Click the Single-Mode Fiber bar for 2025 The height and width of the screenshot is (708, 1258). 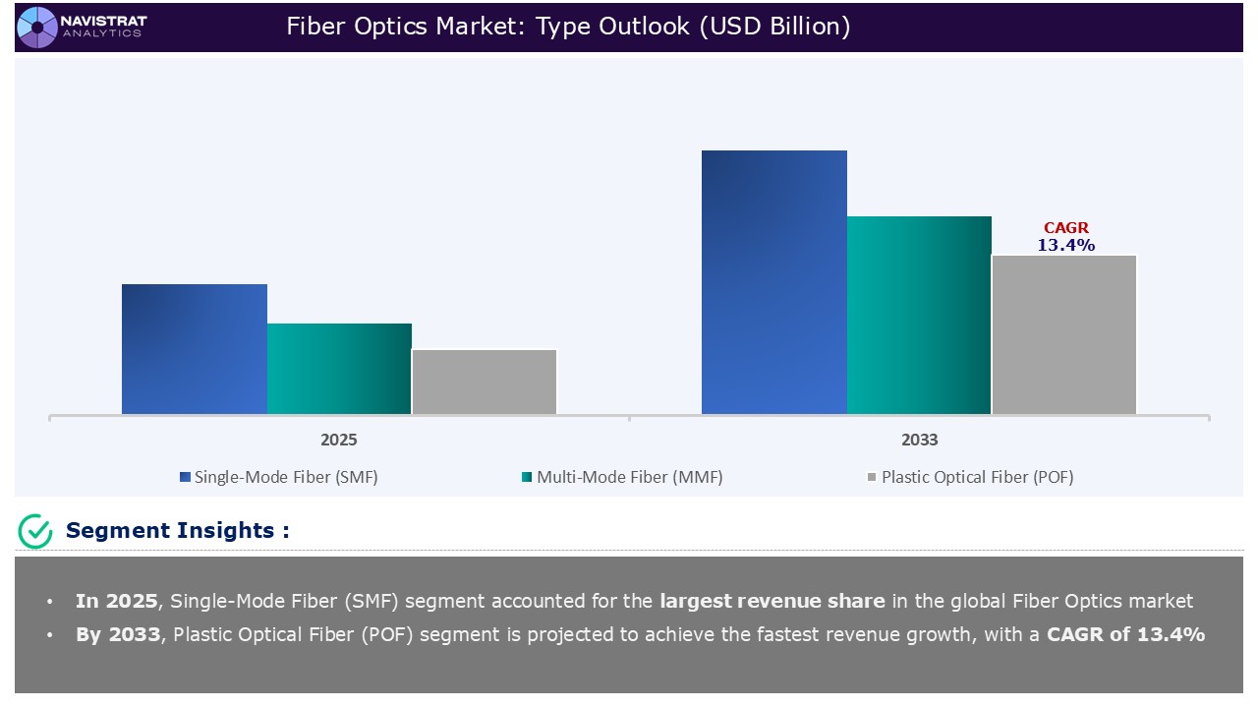click(x=195, y=349)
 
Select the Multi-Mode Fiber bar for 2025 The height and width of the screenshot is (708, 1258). click(x=339, y=369)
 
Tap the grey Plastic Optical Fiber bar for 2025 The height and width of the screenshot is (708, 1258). click(x=485, y=382)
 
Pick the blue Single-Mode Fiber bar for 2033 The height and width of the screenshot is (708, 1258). click(x=774, y=282)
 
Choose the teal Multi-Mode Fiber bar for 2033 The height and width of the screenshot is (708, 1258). click(x=919, y=315)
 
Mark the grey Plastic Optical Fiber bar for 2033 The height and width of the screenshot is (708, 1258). click(x=1064, y=334)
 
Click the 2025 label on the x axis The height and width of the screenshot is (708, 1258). click(x=339, y=440)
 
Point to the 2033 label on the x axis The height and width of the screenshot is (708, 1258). click(x=919, y=440)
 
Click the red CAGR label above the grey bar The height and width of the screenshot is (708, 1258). click(x=1066, y=228)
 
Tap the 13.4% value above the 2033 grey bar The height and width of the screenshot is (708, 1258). click(x=1066, y=246)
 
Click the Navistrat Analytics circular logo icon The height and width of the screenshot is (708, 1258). click(x=37, y=27)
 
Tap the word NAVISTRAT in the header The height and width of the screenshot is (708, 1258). click(x=103, y=20)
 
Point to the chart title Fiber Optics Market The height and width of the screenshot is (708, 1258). click(x=568, y=27)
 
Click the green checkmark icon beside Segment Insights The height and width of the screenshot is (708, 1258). click(x=35, y=531)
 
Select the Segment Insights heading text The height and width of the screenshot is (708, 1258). click(x=177, y=531)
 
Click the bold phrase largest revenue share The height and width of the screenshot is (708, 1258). click(x=772, y=601)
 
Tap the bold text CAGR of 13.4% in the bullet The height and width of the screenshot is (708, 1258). click(x=1126, y=634)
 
